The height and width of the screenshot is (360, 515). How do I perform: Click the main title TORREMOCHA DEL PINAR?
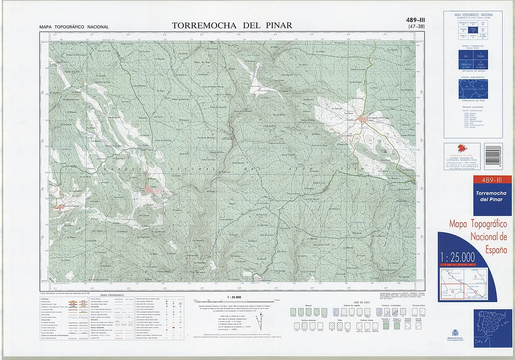[x=232, y=25]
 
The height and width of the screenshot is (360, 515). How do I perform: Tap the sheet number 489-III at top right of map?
[x=416, y=20]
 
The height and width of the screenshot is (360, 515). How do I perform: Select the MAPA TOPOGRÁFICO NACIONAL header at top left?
[x=74, y=27]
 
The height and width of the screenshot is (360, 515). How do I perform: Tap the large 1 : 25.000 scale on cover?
[x=457, y=257]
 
